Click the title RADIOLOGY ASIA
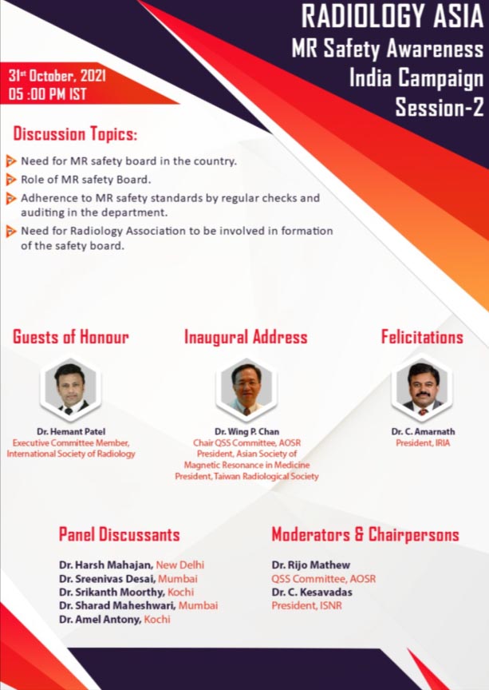coord(392,16)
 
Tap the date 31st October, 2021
coord(57,76)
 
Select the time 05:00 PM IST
coord(48,94)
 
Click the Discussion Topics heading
coord(75,134)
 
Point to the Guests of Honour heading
coord(71,337)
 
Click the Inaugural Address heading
coord(246,337)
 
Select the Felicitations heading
coord(422,337)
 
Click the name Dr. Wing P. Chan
coord(246,432)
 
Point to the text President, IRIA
coord(423,443)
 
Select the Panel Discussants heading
coord(119,534)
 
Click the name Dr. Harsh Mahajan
coord(106,565)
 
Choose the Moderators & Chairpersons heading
coord(365,534)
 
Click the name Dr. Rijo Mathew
coord(311,565)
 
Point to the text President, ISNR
coord(306,605)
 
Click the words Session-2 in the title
coord(440,107)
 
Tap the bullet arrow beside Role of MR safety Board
coord(11,180)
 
